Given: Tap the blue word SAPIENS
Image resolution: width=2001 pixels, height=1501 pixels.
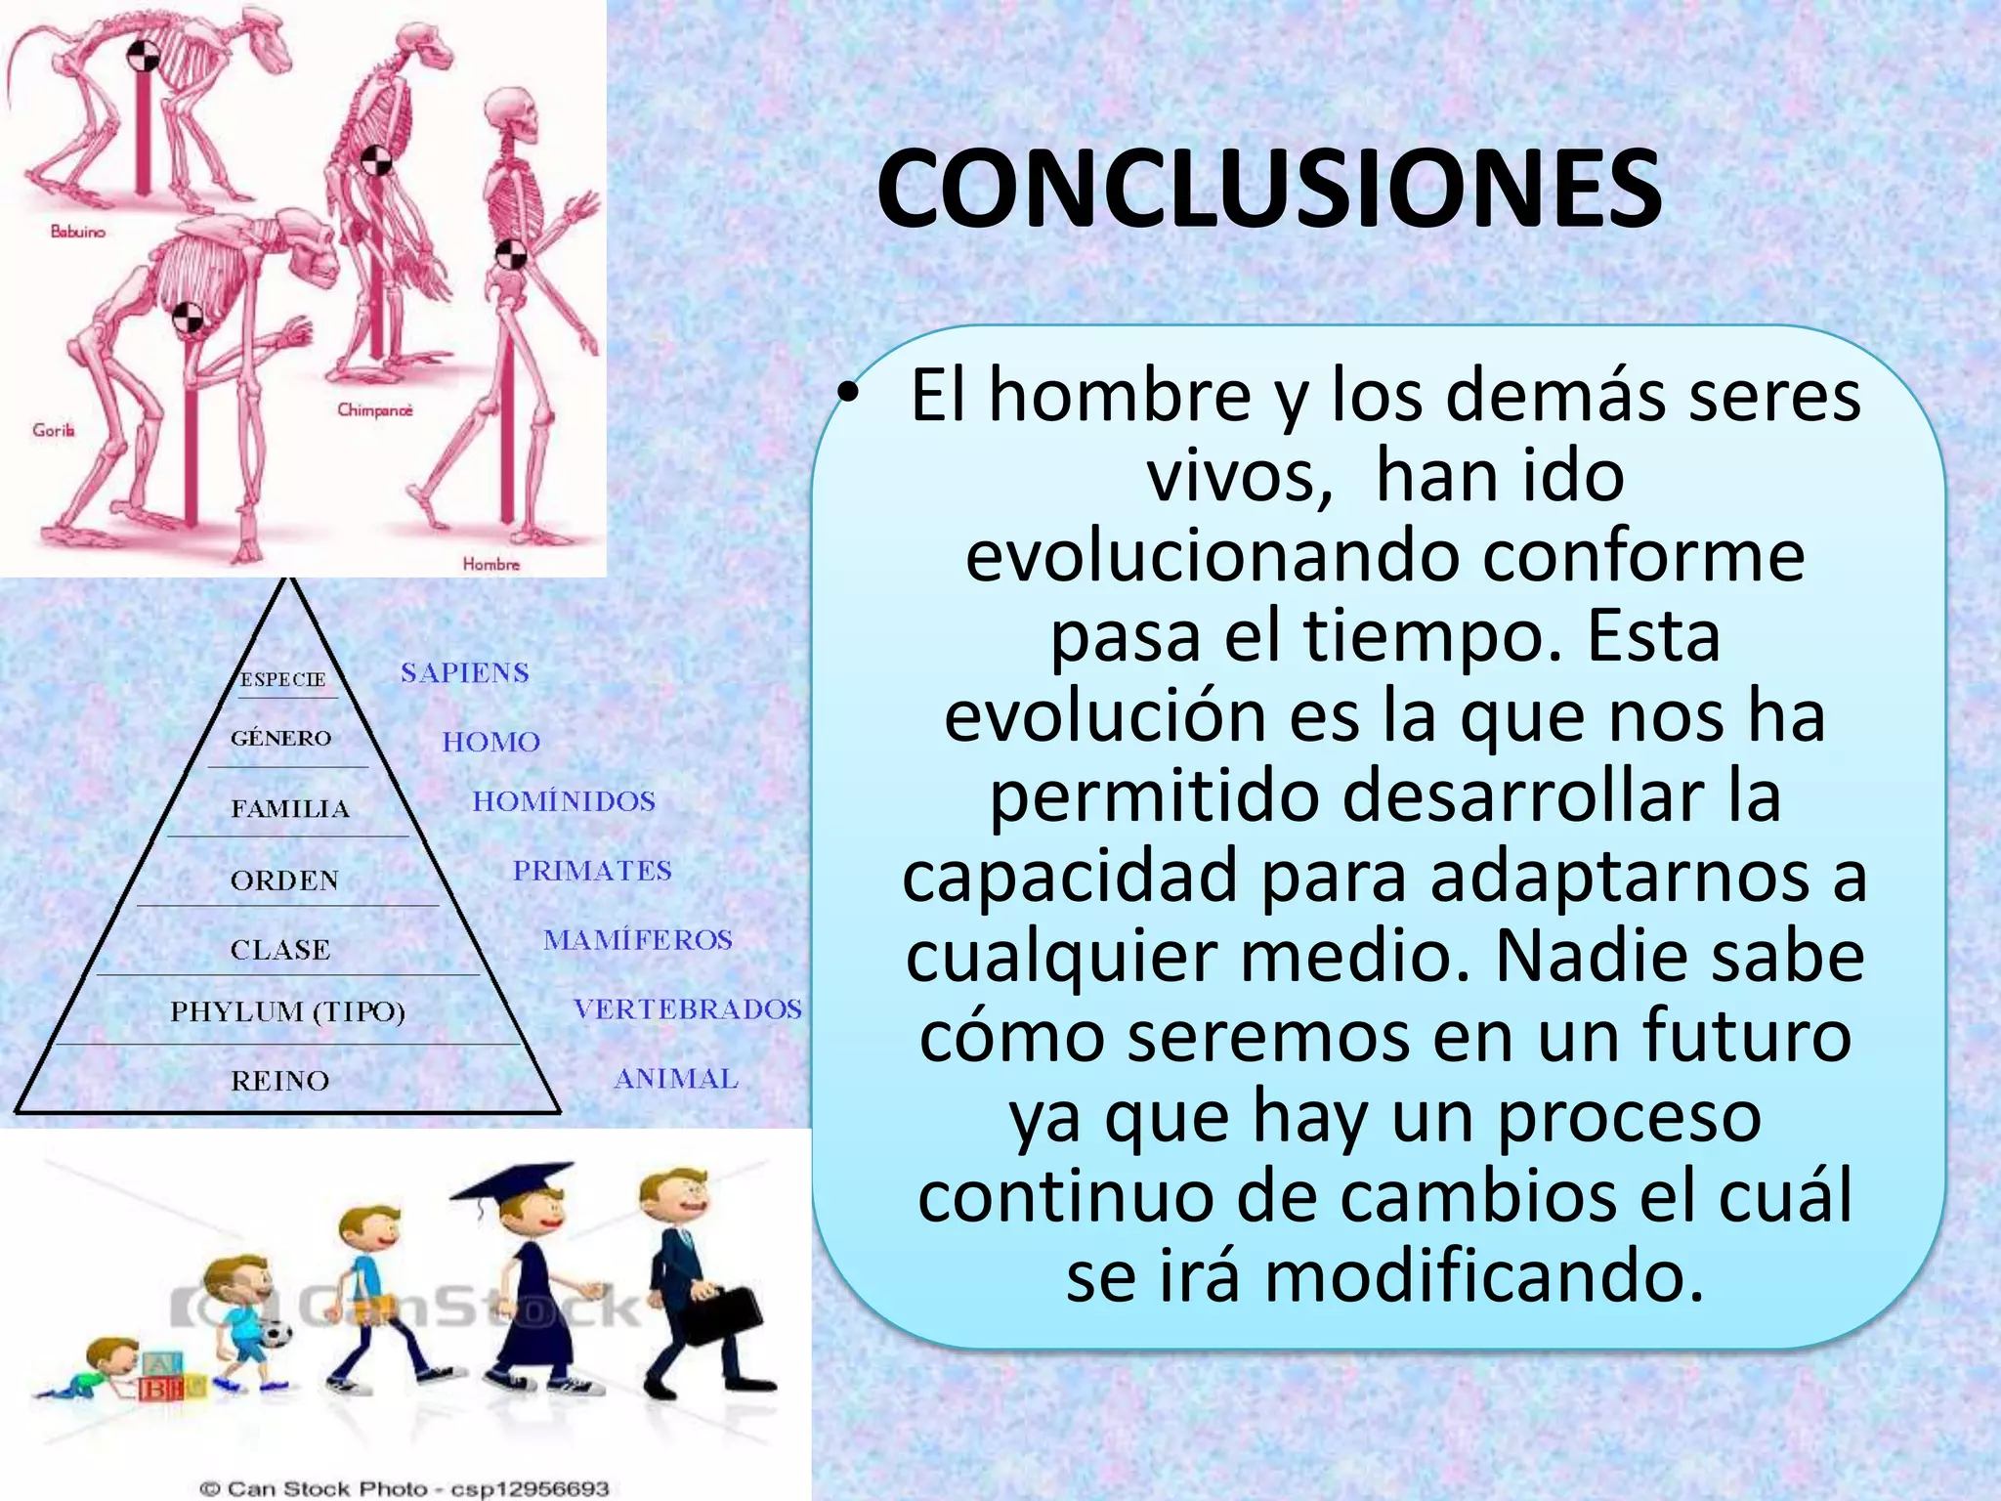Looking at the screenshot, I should click(465, 673).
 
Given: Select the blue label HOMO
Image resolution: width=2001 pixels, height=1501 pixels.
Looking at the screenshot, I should click(490, 743).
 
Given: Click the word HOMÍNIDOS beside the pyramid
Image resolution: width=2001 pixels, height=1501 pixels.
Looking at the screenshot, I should click(564, 802).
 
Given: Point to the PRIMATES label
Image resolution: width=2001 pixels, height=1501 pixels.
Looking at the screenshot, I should click(592, 871).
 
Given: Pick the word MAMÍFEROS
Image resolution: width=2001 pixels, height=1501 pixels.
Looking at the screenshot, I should click(638, 940).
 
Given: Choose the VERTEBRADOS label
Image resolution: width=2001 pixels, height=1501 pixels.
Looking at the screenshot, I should click(687, 1009).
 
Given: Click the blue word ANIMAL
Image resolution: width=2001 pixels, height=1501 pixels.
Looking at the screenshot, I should click(675, 1079).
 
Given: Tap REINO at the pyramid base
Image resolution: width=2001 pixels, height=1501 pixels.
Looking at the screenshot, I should click(280, 1081).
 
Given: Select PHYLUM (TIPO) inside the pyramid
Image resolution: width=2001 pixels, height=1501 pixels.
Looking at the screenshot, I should click(288, 1011).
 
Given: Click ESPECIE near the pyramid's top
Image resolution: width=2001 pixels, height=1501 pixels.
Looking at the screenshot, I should click(283, 680).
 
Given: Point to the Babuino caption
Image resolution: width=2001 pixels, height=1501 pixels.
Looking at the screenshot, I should click(77, 232).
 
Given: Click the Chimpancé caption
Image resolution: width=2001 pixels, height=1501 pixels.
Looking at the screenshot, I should click(375, 410).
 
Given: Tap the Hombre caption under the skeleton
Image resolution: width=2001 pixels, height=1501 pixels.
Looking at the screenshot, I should click(491, 564).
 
